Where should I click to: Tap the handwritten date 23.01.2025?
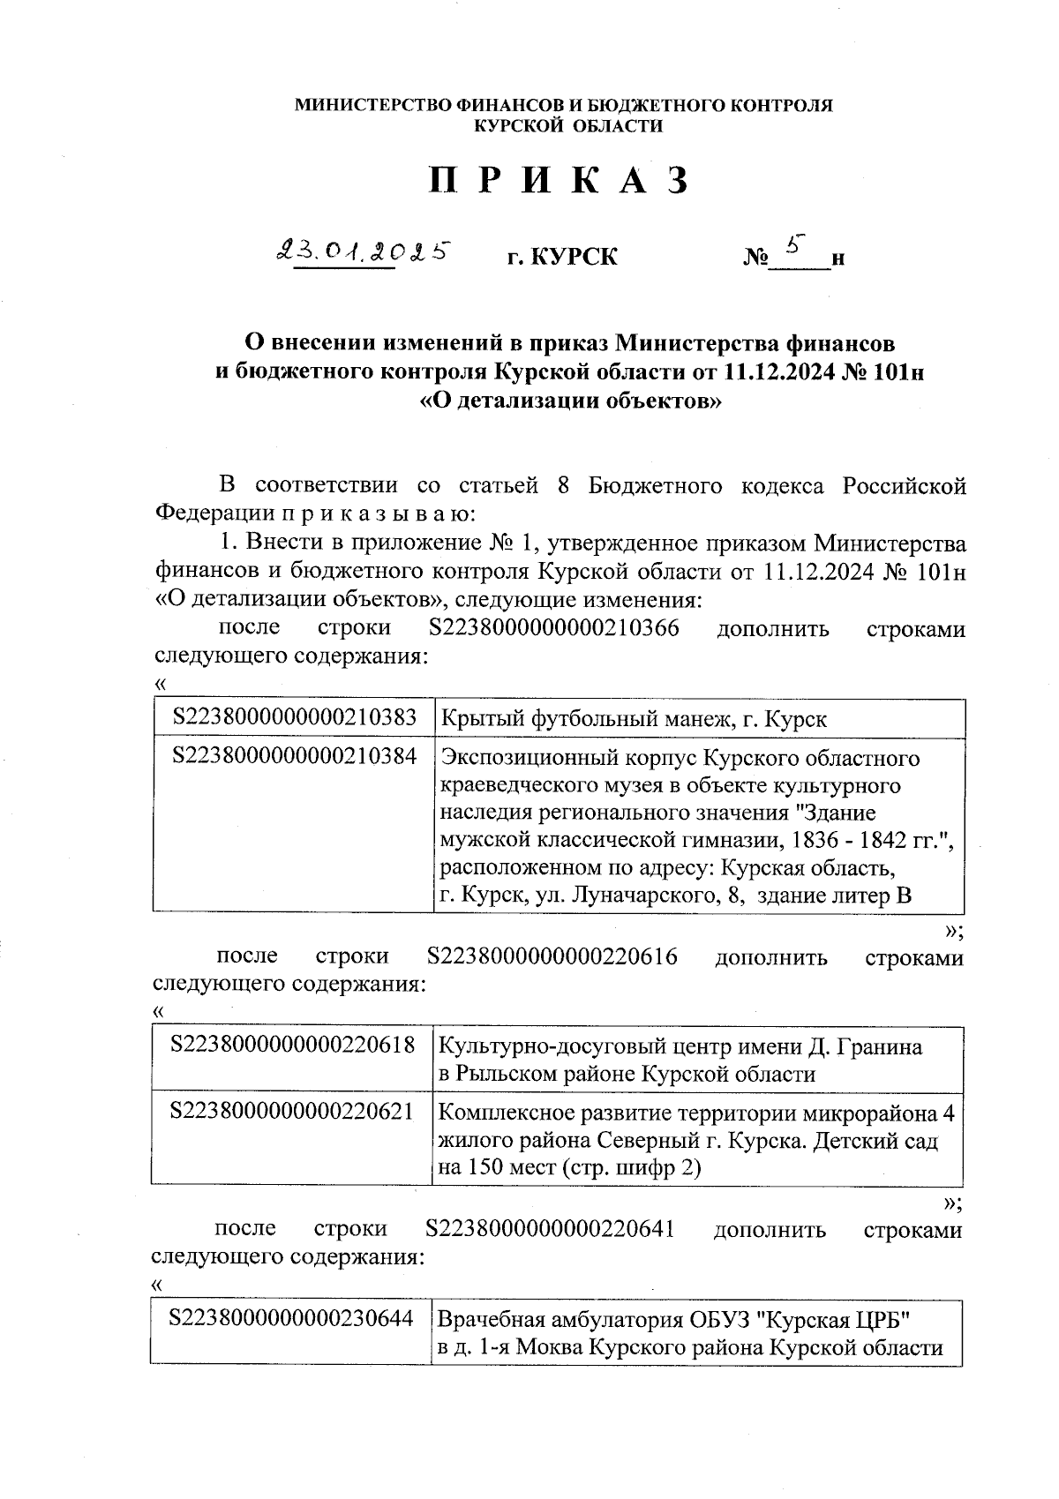pyautogui.click(x=364, y=251)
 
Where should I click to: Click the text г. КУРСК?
pyautogui.click(x=561, y=258)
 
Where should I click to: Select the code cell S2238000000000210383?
pyautogui.click(x=295, y=718)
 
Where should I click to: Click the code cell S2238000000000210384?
pyautogui.click(x=295, y=756)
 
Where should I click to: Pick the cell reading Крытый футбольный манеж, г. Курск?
pyautogui.click(x=633, y=719)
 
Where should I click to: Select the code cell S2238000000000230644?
pyautogui.click(x=291, y=1318)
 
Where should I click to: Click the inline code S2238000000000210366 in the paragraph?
pyautogui.click(x=553, y=629)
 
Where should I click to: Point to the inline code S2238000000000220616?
pyautogui.click(x=552, y=956)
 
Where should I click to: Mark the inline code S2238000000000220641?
pyautogui.click(x=550, y=1229)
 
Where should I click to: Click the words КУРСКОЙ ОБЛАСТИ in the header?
pyautogui.click(x=568, y=126)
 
